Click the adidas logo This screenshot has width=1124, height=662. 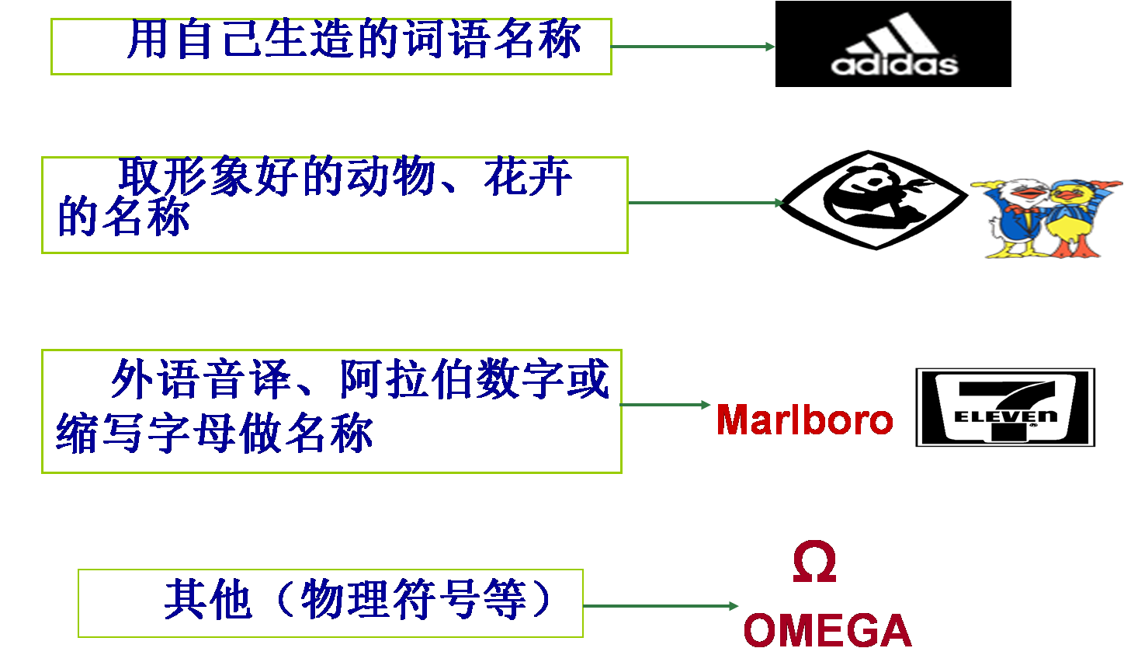click(x=893, y=44)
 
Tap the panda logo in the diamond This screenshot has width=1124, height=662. click(x=874, y=200)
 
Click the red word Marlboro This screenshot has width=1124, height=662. click(x=804, y=420)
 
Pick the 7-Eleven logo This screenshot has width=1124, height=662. click(x=1004, y=408)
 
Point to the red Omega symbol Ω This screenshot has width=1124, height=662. click(x=814, y=563)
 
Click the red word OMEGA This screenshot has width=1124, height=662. click(x=827, y=630)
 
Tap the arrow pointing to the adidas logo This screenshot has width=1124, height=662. click(x=692, y=47)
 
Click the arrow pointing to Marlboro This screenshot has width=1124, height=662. click(x=665, y=405)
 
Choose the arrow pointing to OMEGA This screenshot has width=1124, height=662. click(x=660, y=606)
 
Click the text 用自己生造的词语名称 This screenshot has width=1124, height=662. click(x=354, y=40)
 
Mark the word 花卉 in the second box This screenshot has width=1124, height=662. click(x=529, y=177)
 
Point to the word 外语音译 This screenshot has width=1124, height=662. click(x=201, y=380)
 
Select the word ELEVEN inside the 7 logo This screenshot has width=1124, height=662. click(x=1005, y=416)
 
